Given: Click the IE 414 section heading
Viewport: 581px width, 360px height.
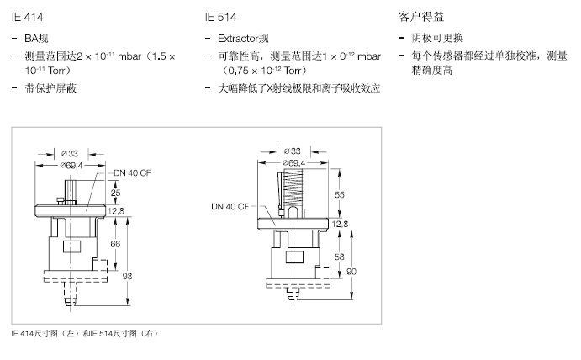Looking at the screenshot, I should [x=24, y=16].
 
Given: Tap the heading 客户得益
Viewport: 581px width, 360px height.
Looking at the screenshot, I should [x=420, y=16].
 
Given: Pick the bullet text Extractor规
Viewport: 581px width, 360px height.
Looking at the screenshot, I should [x=244, y=39].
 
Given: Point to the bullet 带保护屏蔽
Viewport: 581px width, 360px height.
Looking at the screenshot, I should [x=50, y=87].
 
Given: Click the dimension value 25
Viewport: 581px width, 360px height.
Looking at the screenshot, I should [x=114, y=192].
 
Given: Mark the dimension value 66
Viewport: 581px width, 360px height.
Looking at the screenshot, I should [x=115, y=244].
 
